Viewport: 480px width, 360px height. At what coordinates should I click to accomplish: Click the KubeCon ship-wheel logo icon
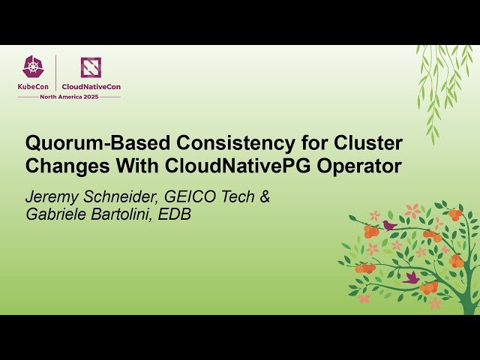[x=33, y=67]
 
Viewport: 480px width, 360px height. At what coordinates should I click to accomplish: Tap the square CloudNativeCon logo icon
[x=90, y=67]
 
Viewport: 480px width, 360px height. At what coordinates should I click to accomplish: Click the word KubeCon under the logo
[x=33, y=86]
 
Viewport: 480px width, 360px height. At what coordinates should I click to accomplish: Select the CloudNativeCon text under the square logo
[x=91, y=86]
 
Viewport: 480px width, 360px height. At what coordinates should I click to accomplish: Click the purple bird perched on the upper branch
[x=389, y=224]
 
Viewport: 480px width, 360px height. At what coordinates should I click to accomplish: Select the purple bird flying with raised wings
[x=411, y=277]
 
